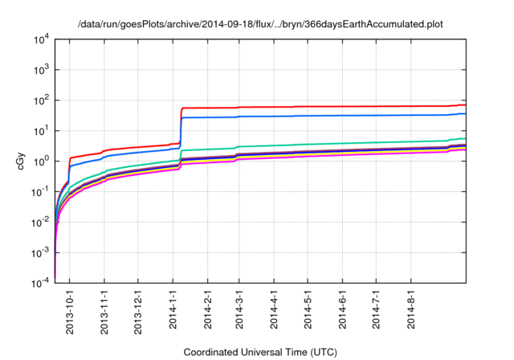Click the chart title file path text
[x=261, y=24]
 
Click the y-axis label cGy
[x=22, y=161]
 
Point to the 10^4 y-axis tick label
[x=40, y=39]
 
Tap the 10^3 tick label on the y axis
[x=40, y=70]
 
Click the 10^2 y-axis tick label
[x=40, y=100]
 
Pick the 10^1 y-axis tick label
[x=40, y=131]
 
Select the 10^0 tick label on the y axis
[x=40, y=162]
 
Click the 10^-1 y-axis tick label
[x=39, y=192]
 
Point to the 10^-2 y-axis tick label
[x=39, y=223]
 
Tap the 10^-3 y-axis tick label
[x=39, y=253]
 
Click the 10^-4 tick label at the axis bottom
[x=39, y=284]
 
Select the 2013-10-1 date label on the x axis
[x=70, y=310]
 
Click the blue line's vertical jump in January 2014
[x=181, y=133]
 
